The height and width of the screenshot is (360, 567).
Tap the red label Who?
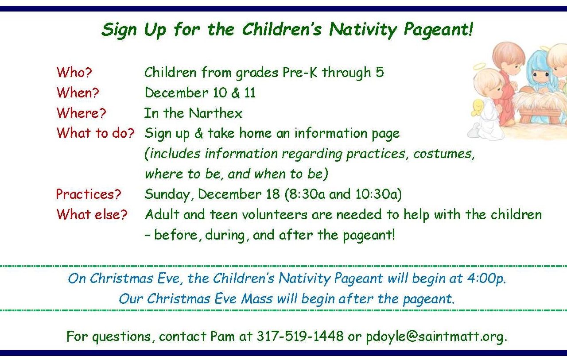click(x=74, y=72)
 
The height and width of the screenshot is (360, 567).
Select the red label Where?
click(x=81, y=113)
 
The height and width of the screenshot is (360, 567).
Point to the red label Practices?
click(x=88, y=194)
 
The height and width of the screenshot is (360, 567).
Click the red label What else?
click(x=92, y=214)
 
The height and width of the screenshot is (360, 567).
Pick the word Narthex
click(x=215, y=113)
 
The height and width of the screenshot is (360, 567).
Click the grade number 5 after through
click(x=380, y=72)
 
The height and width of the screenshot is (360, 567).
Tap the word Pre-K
click(x=300, y=72)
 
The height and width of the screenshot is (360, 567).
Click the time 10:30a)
click(x=378, y=194)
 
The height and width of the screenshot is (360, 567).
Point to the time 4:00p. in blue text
click(x=486, y=278)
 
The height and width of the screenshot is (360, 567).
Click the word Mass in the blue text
click(x=256, y=298)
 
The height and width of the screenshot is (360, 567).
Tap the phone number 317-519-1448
click(x=300, y=336)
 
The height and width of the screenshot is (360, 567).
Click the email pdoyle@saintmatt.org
click(x=436, y=337)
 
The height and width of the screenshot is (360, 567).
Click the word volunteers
click(x=274, y=214)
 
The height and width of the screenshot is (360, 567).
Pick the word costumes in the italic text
click(x=443, y=154)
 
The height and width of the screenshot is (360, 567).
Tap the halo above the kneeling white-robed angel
click(x=479, y=67)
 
